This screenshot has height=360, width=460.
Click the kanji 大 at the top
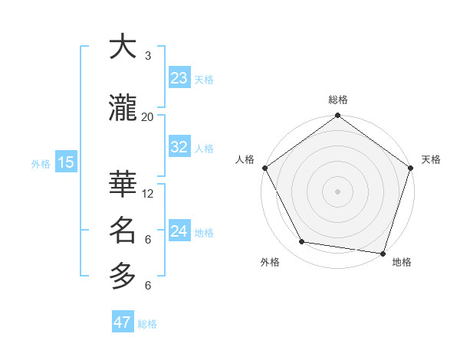point(123,47)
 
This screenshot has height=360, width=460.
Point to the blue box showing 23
point(179,78)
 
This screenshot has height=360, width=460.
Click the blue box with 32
point(179,147)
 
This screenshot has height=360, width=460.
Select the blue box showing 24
point(179,231)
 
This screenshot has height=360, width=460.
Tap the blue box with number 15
point(65,162)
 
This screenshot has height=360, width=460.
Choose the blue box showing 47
point(123,322)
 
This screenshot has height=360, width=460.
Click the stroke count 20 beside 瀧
point(148,116)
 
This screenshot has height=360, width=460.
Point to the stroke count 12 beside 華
point(148,193)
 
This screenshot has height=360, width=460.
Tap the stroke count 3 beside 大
point(148,55)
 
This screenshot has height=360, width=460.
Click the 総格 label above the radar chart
point(338,100)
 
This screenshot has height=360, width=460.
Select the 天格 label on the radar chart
point(431,159)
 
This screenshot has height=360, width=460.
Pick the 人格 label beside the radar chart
point(245,159)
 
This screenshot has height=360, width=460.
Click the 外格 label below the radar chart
point(270,262)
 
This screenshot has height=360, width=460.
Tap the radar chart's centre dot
point(338,191)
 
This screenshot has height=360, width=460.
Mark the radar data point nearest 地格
point(383,252)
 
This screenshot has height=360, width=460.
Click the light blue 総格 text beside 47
point(147,324)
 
